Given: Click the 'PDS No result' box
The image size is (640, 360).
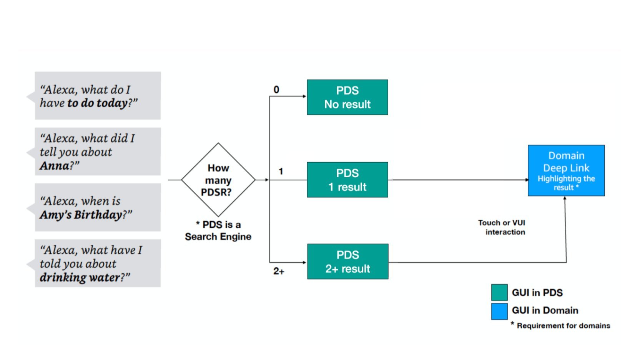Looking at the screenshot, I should click(347, 97).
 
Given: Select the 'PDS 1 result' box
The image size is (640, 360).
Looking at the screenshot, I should click(347, 180).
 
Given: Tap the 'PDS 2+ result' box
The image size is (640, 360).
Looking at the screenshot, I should click(347, 262).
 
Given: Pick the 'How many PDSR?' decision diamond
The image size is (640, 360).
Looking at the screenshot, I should click(218, 180).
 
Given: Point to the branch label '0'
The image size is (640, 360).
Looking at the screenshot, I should click(276, 90).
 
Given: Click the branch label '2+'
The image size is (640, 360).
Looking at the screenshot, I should click(279, 271).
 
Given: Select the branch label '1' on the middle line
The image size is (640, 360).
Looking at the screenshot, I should click(281, 171).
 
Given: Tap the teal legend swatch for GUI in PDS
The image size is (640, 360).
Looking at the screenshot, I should click(499, 292).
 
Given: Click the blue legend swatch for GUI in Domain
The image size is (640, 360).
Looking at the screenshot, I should click(499, 311).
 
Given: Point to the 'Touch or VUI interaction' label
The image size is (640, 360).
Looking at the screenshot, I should click(502, 227).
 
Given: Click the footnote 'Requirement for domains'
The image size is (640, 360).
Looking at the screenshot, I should click(563, 326).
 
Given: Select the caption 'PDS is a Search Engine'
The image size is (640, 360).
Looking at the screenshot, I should click(218, 230).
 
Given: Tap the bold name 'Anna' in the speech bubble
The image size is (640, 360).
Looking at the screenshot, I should click(55, 166).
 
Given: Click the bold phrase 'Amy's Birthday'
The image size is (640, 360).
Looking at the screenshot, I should click(81, 215).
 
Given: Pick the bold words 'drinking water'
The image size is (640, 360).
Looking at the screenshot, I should click(80, 277).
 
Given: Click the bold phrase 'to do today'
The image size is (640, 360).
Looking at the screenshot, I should click(97, 103).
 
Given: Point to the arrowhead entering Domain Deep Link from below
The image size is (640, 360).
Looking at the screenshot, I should click(565, 198).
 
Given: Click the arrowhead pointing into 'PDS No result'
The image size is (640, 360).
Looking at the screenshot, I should click(304, 96).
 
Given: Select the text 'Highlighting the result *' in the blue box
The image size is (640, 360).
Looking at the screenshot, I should click(566, 183).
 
